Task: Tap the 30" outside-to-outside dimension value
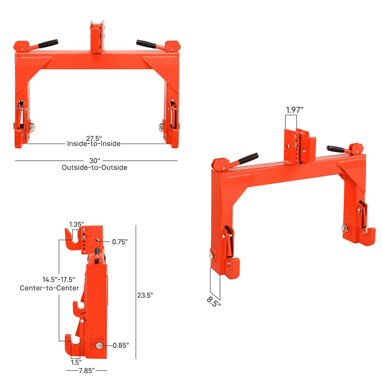[x=95, y=160]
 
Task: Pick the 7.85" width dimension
[x=86, y=370]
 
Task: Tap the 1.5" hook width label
[x=76, y=362]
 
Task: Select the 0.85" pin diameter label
[x=121, y=345]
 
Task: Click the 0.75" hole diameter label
[x=120, y=242]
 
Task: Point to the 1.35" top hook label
[x=76, y=224]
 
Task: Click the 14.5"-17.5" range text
[x=58, y=279]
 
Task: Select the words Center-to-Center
[x=49, y=288]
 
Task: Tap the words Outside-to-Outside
[x=95, y=168]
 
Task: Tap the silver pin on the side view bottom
[x=97, y=345]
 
